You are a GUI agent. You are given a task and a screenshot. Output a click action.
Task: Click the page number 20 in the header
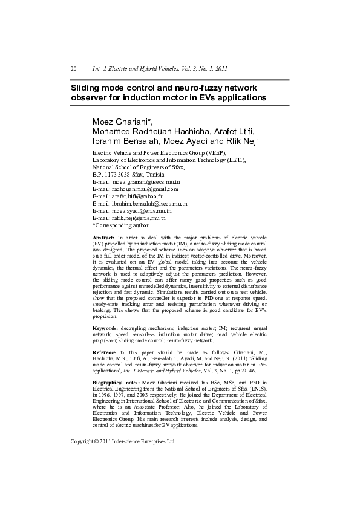pos(74,69)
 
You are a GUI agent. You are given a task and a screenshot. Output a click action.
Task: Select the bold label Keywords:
pos(105,327)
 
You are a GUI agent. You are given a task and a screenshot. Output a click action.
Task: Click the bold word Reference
pos(104,352)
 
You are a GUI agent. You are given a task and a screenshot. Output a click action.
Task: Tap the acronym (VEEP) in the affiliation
pos(214,152)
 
